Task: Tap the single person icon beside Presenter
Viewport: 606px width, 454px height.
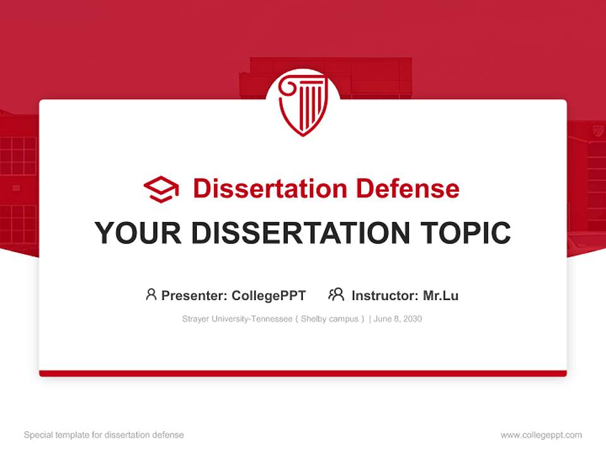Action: point(151,294)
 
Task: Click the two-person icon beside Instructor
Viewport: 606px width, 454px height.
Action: point(336,294)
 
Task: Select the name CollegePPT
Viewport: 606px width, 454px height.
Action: point(269,295)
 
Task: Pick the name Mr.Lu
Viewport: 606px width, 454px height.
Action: point(441,295)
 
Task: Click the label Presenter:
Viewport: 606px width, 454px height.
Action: point(194,295)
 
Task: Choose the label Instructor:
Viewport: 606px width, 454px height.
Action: point(384,295)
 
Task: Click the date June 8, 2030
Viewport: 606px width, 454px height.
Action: point(398,319)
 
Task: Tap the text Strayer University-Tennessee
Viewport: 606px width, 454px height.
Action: point(237,319)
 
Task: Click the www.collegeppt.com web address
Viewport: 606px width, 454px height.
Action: point(541,435)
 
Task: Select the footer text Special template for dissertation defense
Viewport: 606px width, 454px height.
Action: point(104,435)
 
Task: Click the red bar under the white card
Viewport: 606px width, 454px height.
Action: point(303,373)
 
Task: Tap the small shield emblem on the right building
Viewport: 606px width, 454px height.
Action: point(597,131)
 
